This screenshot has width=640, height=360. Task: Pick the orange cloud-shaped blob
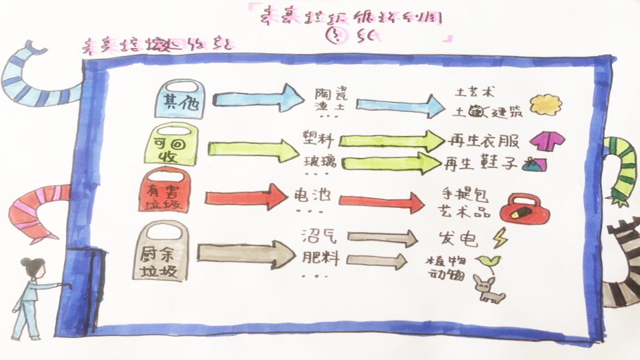pyautogui.click(x=545, y=104)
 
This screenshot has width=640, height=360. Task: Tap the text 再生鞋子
pyautogui.click(x=481, y=163)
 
